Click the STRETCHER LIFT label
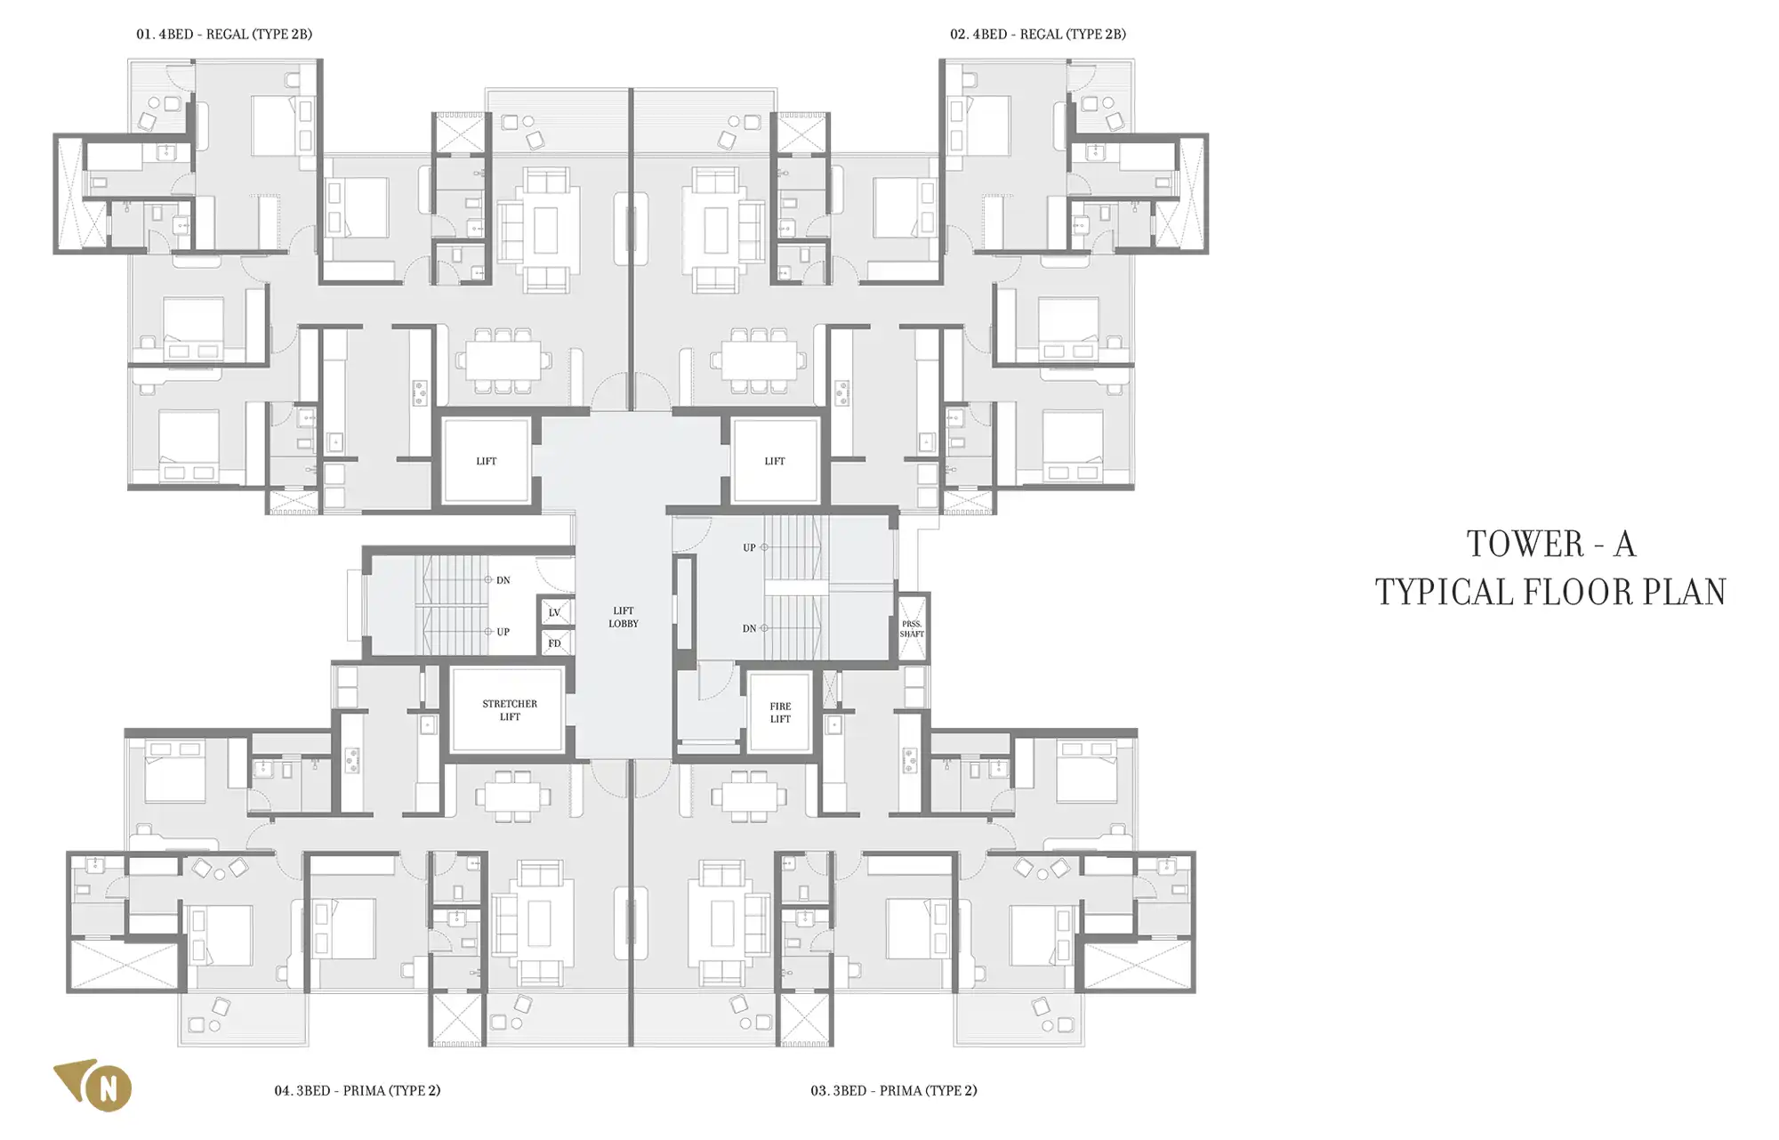tap(510, 710)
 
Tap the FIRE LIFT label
tap(780, 713)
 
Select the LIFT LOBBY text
tap(624, 618)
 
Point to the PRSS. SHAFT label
tap(912, 629)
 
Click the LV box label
tap(555, 612)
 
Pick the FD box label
tap(555, 643)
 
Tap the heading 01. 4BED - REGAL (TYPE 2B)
tap(224, 35)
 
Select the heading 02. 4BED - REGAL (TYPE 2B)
tap(1038, 35)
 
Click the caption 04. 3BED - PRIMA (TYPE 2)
tap(358, 1090)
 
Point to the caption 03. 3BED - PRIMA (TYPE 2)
tap(894, 1090)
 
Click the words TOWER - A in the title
tap(1551, 544)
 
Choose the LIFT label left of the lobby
tap(487, 461)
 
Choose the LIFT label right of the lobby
tap(775, 461)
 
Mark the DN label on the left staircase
tap(503, 580)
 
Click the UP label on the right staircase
tap(749, 547)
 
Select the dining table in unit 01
tap(503, 361)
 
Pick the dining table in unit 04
tap(511, 796)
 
